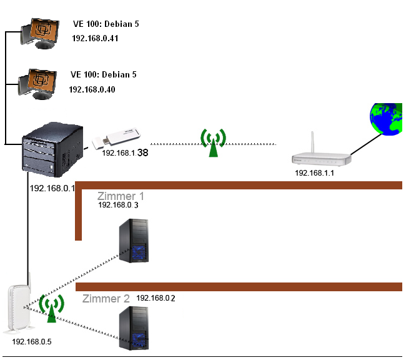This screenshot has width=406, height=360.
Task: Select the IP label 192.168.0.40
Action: click(x=92, y=89)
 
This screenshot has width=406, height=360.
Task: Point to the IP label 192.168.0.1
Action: click(x=52, y=187)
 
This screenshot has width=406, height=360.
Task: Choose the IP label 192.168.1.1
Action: click(x=314, y=173)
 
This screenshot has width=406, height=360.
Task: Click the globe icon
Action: click(x=386, y=119)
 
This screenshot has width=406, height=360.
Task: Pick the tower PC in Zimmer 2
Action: click(x=134, y=328)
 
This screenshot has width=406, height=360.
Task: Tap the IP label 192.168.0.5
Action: click(x=31, y=342)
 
